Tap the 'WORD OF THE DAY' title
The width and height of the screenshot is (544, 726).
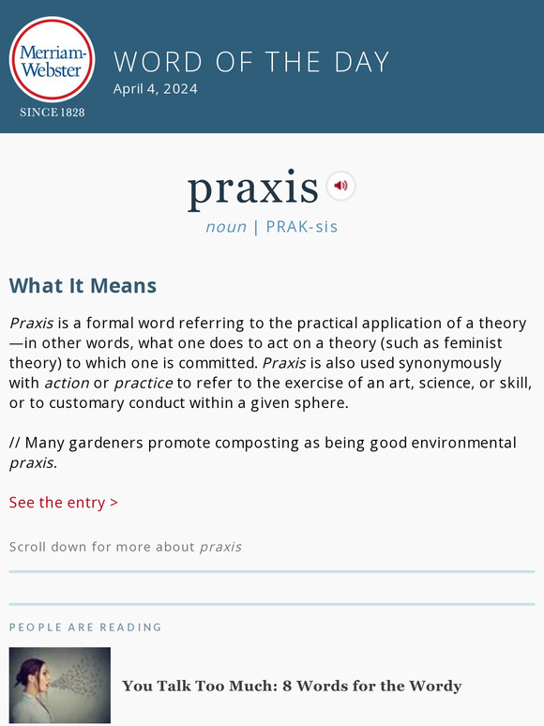(251, 62)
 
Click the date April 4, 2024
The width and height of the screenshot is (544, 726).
(156, 89)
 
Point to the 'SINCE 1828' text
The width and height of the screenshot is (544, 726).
(53, 113)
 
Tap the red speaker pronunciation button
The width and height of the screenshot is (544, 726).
(340, 186)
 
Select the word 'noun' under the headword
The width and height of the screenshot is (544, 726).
(226, 227)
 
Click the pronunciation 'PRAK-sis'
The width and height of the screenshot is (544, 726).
(302, 227)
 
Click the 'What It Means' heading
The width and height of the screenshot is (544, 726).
(83, 286)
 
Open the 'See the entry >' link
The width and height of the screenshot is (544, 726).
(64, 503)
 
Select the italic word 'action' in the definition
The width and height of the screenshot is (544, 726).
(67, 383)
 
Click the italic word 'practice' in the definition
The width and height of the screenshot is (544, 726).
(144, 383)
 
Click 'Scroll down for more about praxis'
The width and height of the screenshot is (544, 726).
(126, 547)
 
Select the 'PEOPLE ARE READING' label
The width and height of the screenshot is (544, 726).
(85, 627)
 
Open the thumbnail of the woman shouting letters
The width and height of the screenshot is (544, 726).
(60, 685)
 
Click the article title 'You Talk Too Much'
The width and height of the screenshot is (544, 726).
(292, 686)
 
